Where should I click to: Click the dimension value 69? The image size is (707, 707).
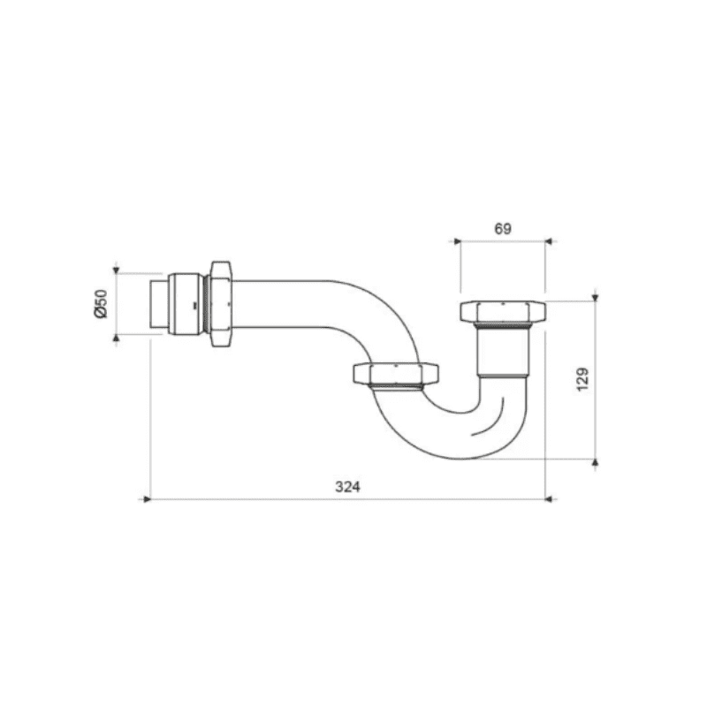click(502, 228)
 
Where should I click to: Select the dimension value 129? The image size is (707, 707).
click(582, 380)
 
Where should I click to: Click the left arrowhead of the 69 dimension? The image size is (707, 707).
click(457, 239)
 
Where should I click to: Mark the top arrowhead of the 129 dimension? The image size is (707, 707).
click(597, 296)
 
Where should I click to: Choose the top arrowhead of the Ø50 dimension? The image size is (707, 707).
click(115, 268)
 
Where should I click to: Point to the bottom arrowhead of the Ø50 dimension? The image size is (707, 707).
click(115, 338)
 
